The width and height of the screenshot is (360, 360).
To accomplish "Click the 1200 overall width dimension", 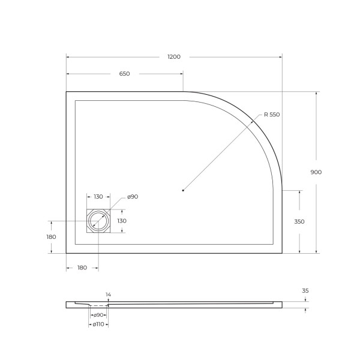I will [174, 56].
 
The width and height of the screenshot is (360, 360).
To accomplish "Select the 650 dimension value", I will [124, 74].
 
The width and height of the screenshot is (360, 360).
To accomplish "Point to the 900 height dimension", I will [316, 172].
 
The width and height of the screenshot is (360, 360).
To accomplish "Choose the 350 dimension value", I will [299, 221].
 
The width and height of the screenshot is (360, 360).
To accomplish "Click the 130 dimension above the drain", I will [98, 197].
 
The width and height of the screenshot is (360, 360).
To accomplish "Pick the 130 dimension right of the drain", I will [121, 221].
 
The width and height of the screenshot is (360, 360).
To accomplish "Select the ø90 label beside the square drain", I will [133, 197].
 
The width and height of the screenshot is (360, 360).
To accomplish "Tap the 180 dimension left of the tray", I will [51, 236].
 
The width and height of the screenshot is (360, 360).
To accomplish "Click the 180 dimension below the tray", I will [82, 267].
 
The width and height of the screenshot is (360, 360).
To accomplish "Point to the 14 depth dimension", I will [108, 295].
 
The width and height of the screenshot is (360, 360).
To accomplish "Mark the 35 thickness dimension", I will [305, 290].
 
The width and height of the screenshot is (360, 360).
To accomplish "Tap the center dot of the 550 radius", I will [183, 190].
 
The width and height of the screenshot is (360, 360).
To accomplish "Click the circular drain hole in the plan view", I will [97, 222].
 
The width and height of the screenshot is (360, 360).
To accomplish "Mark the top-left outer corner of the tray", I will [66, 92].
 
